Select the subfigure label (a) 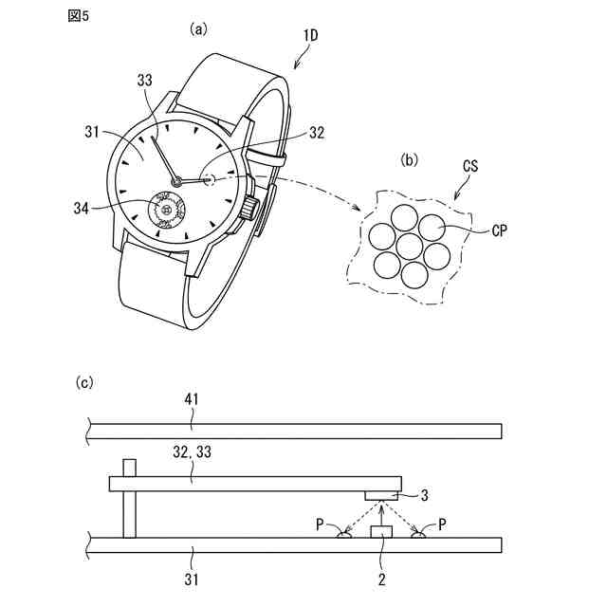198,28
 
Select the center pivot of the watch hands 175,181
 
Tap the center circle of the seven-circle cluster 410,247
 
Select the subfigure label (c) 85,382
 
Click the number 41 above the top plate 192,401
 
